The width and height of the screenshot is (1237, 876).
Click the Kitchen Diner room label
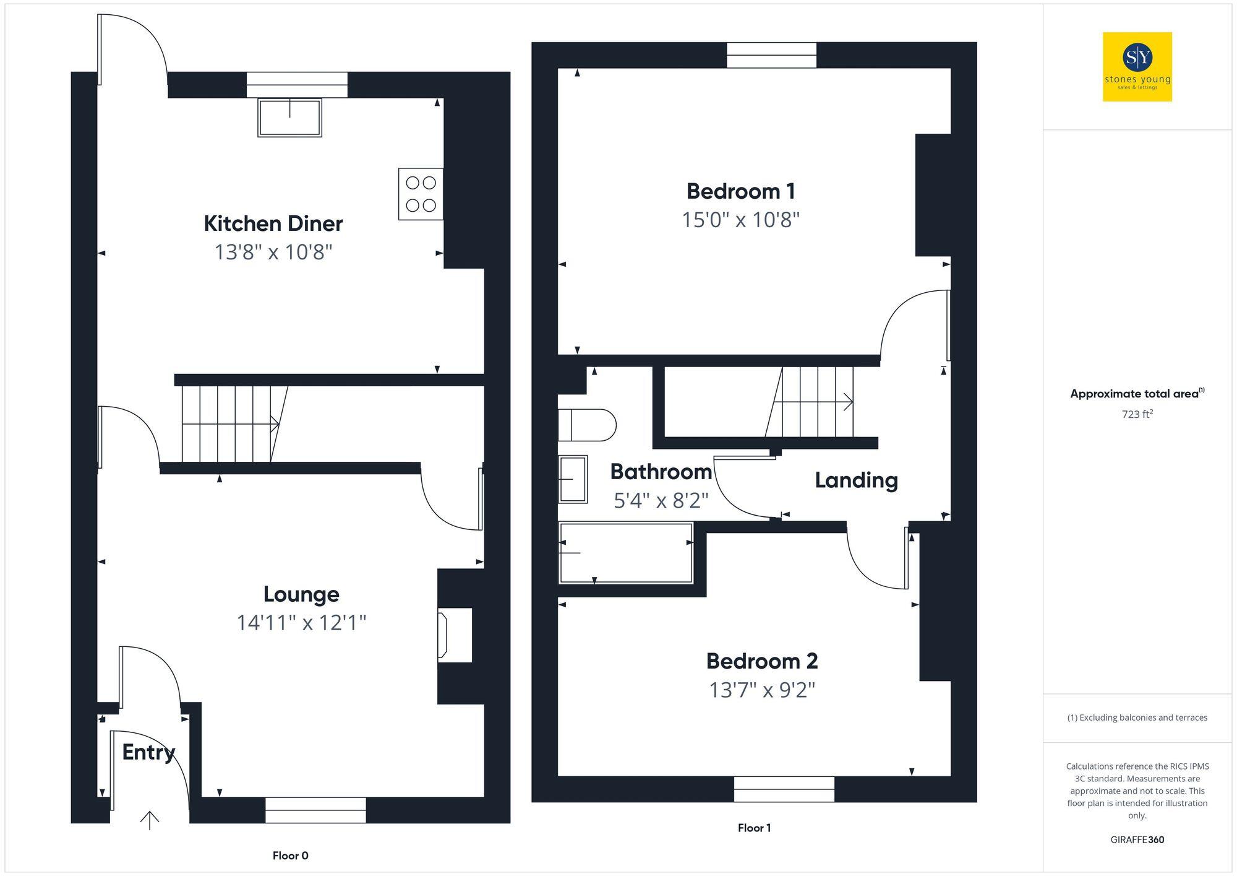(x=273, y=223)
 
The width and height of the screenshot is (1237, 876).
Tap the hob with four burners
(x=421, y=194)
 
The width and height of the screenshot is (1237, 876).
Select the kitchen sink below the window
(x=289, y=117)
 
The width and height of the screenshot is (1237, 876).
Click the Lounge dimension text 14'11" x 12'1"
(x=301, y=622)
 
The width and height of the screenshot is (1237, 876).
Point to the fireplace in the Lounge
(x=455, y=635)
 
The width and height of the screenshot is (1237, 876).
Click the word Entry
(x=148, y=752)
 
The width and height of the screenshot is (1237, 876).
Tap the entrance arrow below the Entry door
(x=150, y=820)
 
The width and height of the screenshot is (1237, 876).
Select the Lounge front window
(x=315, y=810)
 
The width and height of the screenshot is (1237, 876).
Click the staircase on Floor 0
(x=229, y=424)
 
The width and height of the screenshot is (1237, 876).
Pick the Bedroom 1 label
(x=740, y=191)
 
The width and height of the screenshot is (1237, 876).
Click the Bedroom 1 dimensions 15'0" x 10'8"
(x=740, y=220)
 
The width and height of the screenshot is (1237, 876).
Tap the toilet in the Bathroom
(x=586, y=425)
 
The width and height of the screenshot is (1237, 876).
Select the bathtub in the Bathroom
(x=625, y=553)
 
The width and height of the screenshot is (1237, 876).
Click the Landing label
(x=856, y=480)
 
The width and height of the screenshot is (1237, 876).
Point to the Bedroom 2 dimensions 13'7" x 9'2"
(x=762, y=690)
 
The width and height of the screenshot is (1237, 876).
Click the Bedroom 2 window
(x=784, y=789)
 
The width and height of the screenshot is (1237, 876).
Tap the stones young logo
(x=1137, y=67)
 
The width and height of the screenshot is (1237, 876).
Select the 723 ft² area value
(x=1137, y=414)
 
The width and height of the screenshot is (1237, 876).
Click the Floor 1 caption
(x=754, y=828)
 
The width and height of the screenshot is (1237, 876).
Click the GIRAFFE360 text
(x=1137, y=839)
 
